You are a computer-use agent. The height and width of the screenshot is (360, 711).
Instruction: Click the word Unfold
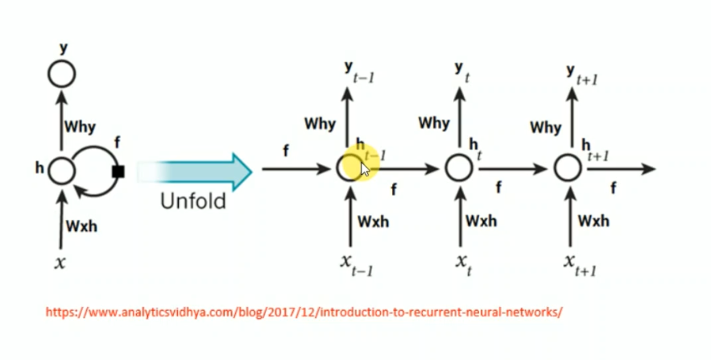[192, 201]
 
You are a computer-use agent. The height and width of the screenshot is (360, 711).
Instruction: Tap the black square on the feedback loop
[119, 171]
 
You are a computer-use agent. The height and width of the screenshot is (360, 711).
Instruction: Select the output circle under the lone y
[62, 74]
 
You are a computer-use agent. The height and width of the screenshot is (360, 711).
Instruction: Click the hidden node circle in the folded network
[61, 171]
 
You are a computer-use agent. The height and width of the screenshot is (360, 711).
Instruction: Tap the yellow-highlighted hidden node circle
[350, 168]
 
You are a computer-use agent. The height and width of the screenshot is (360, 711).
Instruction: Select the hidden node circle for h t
[458, 168]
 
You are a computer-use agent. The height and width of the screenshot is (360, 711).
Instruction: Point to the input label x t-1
[355, 264]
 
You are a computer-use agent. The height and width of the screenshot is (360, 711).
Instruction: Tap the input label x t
[462, 264]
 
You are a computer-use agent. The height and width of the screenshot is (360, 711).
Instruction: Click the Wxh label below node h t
[482, 221]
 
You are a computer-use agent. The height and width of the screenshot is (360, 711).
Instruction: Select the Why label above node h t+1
[545, 127]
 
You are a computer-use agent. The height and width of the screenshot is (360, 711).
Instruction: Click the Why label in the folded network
[81, 126]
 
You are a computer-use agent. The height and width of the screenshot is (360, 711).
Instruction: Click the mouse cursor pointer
[366, 169]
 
